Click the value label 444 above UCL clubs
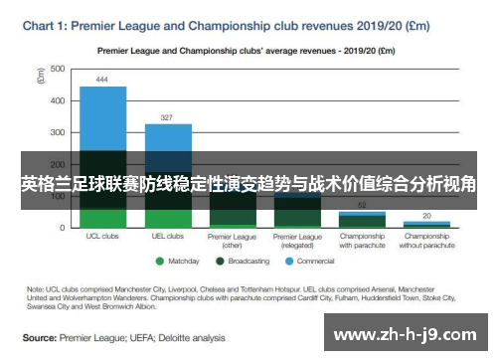click(x=102, y=79)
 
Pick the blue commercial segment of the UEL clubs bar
click(x=168, y=137)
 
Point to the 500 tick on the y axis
click(x=58, y=69)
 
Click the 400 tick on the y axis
click(x=58, y=100)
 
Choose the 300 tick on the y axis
click(x=58, y=132)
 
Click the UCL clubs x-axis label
click(x=102, y=237)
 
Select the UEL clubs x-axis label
click(x=168, y=237)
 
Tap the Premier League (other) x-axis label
click(x=233, y=241)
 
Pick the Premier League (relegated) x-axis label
click(x=297, y=241)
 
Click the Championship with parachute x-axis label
click(x=362, y=241)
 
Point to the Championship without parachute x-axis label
click(x=426, y=241)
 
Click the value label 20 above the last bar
click(x=426, y=215)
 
